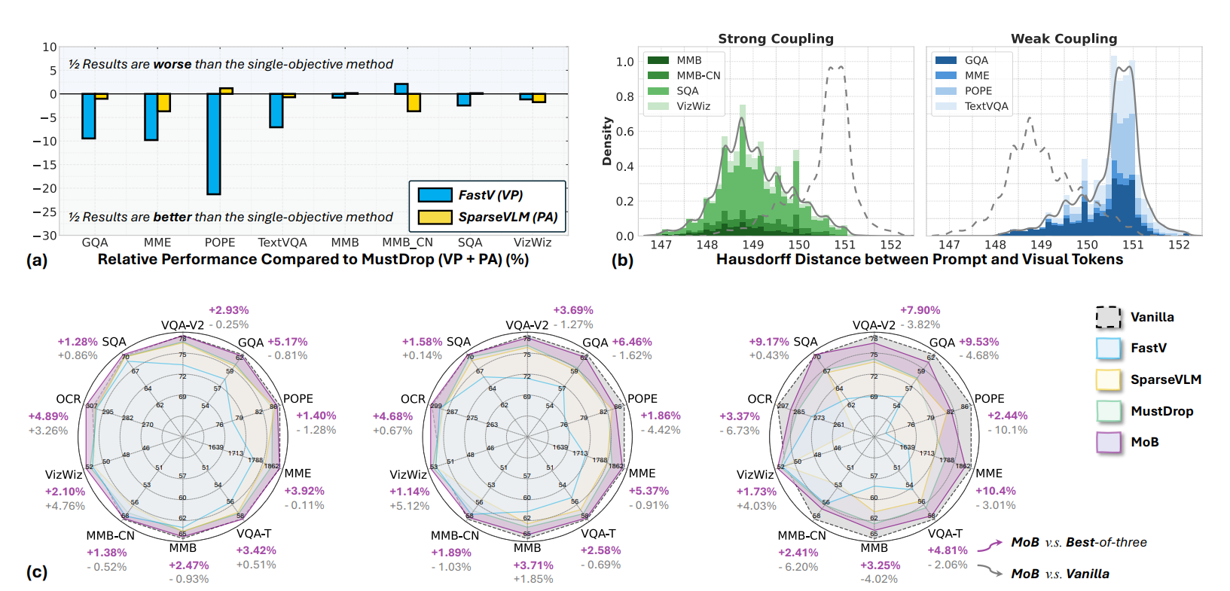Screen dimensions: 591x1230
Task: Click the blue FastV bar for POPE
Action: point(214,144)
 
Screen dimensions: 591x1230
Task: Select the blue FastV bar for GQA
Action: point(89,116)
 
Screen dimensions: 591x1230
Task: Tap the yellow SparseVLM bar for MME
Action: point(164,102)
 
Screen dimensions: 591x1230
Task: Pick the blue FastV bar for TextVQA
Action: point(276,110)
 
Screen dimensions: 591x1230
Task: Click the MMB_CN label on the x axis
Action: point(407,242)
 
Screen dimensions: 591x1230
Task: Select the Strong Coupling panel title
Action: point(776,38)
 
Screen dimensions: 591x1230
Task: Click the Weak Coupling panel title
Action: point(1064,38)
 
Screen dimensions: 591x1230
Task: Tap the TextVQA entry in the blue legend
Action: point(986,106)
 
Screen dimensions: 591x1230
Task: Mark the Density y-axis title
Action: point(607,141)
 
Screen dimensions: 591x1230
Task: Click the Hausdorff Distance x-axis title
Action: point(919,259)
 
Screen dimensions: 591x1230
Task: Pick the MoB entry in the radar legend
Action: point(1144,442)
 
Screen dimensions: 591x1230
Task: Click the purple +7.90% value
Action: point(920,310)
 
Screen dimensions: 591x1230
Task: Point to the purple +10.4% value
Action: point(996,491)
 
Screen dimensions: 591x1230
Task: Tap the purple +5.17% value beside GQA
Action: point(287,342)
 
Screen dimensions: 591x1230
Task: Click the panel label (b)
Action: point(622,260)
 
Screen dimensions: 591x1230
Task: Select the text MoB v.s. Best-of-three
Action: point(1079,542)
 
